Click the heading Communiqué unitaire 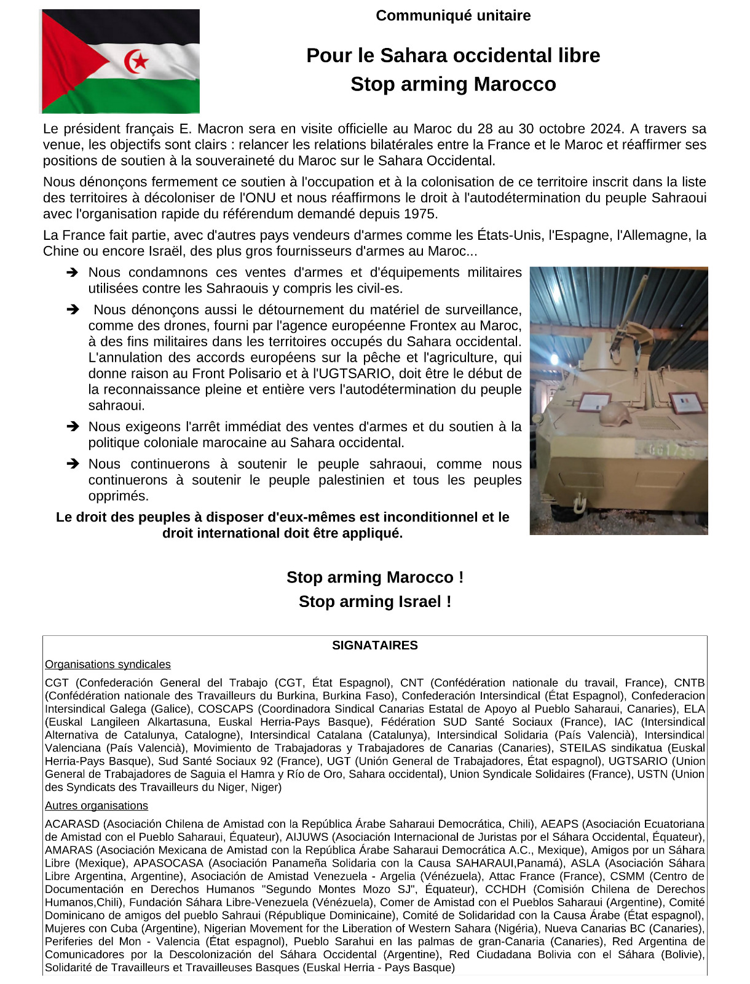(x=453, y=15)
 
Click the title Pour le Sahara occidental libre (x=453, y=55)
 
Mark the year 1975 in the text (x=421, y=214)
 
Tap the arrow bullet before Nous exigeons (x=73, y=426)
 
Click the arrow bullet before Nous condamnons (x=73, y=272)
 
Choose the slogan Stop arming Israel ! (x=375, y=601)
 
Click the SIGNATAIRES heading (x=375, y=645)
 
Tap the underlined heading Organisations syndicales (x=108, y=664)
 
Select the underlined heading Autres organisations (x=97, y=806)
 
